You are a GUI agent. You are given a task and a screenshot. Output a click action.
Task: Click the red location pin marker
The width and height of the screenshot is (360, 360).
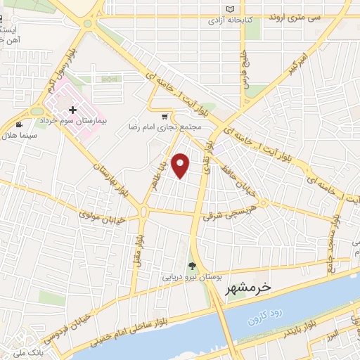pyautogui.click(x=181, y=165)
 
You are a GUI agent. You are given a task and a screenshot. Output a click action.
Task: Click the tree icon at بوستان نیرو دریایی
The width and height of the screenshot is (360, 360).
pyautogui.click(x=192, y=265)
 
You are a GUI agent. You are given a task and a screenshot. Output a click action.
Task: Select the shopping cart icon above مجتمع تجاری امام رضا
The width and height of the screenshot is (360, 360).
pyautogui.click(x=165, y=117)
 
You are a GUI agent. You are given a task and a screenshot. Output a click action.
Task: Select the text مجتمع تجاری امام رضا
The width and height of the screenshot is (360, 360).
pyautogui.click(x=165, y=128)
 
